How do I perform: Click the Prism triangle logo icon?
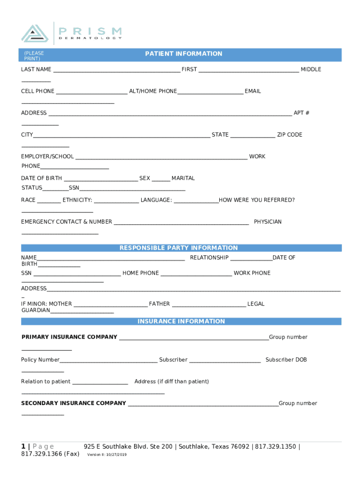[35, 33]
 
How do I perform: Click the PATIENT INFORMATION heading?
[183, 54]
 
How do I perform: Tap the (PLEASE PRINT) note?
[34, 56]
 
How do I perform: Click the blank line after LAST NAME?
[116, 70]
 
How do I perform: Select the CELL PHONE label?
[37, 91]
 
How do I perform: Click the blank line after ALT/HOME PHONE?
[210, 92]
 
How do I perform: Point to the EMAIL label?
[252, 91]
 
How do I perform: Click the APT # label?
[301, 113]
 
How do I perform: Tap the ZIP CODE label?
[289, 135]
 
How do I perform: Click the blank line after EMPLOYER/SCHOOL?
[161, 157]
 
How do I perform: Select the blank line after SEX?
[161, 179]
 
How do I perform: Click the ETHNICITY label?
[77, 200]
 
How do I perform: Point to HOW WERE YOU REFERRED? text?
[257, 200]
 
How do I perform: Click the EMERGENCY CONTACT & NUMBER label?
[66, 222]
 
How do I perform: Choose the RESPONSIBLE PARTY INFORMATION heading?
[179, 248]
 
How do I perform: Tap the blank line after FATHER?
[209, 305]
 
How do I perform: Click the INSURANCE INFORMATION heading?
[181, 321]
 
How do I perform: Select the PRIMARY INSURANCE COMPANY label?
[69, 337]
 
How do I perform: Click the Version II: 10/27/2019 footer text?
[107, 455]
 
